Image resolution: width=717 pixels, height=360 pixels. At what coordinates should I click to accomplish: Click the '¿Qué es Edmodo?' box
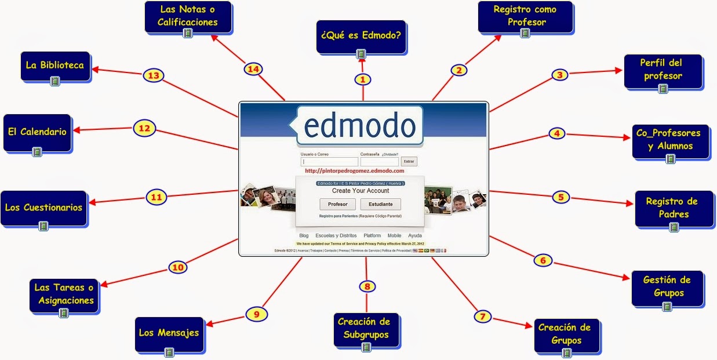click(x=361, y=37)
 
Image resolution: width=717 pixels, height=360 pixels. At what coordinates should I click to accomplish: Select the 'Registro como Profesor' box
click(x=525, y=17)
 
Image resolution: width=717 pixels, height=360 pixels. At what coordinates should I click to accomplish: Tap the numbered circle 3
click(x=559, y=75)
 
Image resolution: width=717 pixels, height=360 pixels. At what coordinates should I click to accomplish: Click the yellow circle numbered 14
click(x=253, y=69)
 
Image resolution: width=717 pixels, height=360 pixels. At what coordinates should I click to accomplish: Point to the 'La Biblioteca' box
click(x=54, y=66)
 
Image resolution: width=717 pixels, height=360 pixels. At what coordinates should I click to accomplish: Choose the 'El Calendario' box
click(x=37, y=132)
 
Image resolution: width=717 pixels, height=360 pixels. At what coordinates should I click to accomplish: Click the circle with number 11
click(x=156, y=197)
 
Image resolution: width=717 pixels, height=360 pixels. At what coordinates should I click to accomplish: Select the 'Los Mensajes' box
click(x=169, y=333)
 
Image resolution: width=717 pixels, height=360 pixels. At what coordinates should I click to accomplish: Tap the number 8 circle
click(x=367, y=286)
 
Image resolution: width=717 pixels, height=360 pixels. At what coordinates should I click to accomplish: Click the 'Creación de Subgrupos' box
click(x=364, y=329)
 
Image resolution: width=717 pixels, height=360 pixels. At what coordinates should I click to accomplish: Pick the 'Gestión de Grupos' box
click(x=667, y=286)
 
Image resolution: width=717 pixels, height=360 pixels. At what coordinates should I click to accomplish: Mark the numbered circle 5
click(x=561, y=197)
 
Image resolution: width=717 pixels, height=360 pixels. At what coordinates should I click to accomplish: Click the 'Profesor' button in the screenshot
click(x=338, y=204)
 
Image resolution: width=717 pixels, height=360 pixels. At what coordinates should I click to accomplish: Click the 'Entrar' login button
click(x=409, y=162)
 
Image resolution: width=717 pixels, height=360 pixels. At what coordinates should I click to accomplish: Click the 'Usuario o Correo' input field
click(x=329, y=162)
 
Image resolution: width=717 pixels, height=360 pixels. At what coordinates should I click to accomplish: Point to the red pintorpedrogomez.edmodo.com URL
click(x=354, y=171)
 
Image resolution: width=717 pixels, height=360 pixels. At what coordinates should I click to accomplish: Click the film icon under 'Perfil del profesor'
click(x=663, y=89)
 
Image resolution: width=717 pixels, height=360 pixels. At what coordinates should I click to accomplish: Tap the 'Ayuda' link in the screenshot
click(x=415, y=236)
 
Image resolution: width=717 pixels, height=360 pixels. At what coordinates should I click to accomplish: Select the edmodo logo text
click(x=359, y=126)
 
